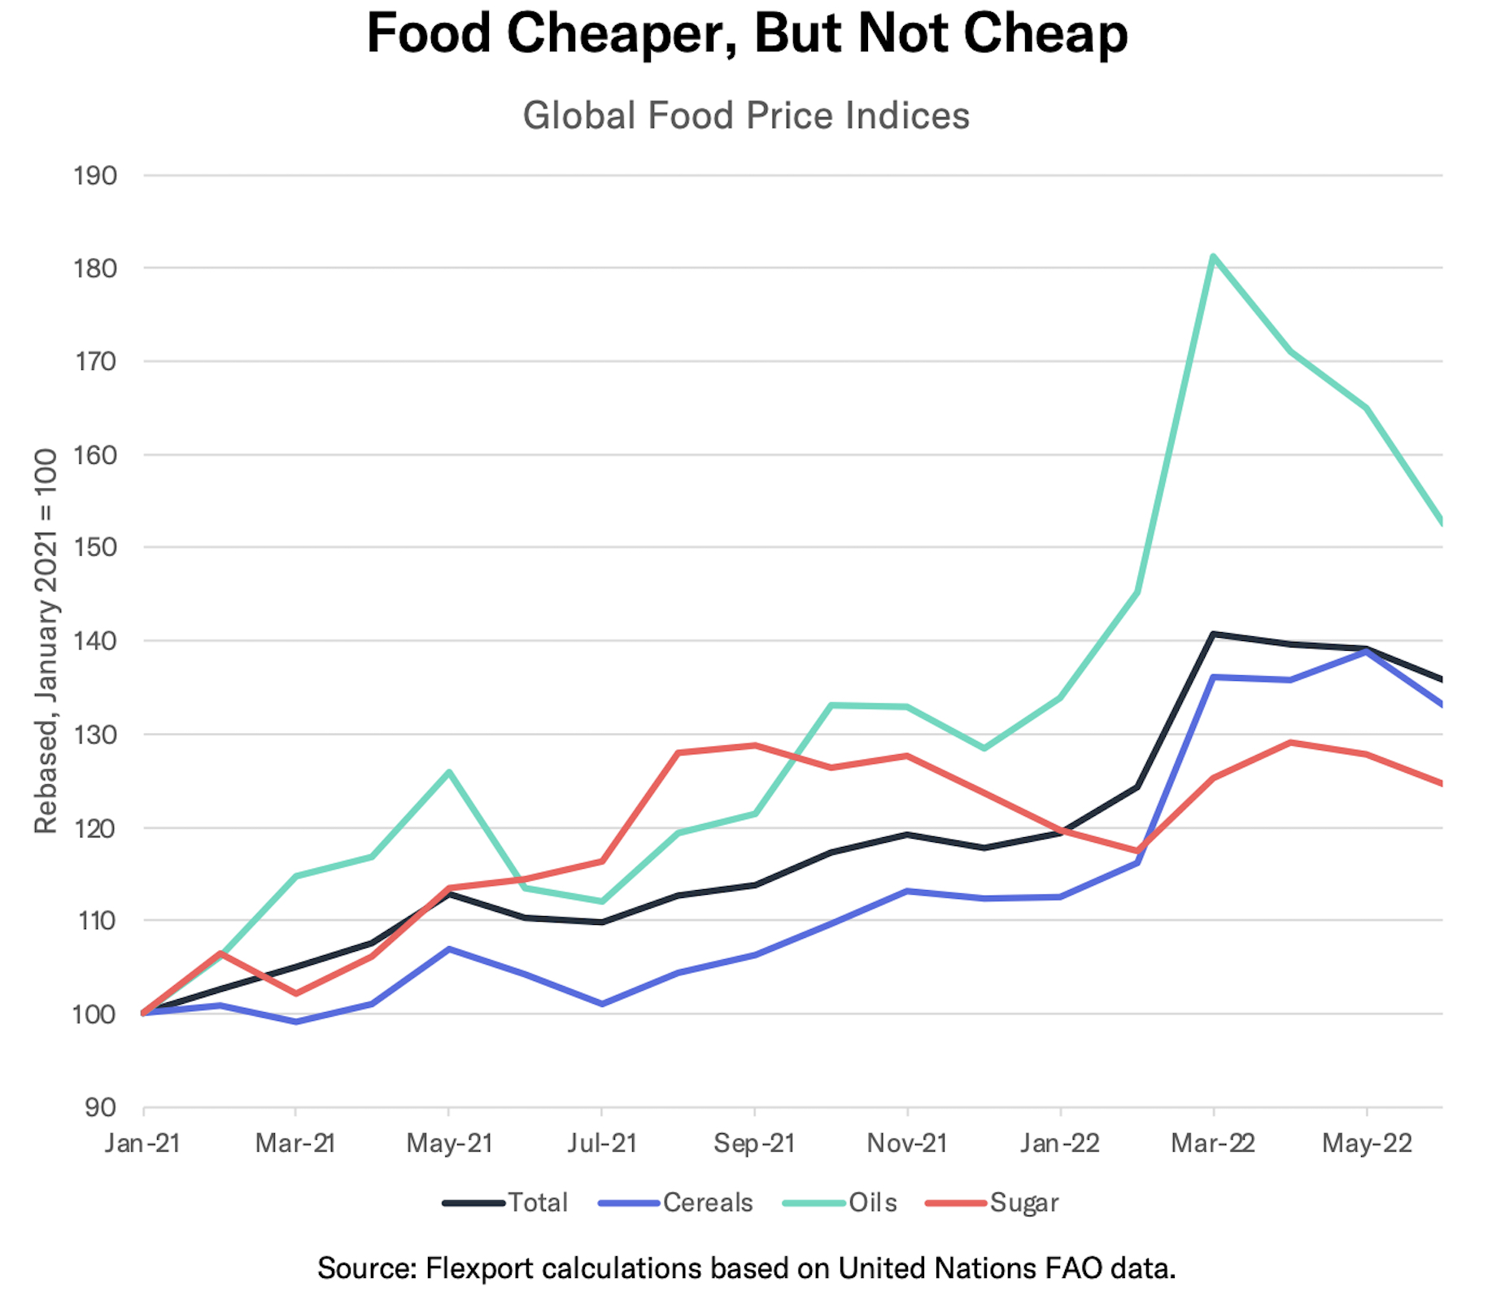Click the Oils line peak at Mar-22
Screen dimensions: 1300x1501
tap(1212, 256)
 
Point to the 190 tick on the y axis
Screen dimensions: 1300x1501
tap(95, 175)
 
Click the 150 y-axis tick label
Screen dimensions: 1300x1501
tap(95, 547)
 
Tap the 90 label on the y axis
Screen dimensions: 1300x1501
tap(101, 1107)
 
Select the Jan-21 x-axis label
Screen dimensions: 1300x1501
tap(142, 1144)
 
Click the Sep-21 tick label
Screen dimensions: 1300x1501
tap(754, 1144)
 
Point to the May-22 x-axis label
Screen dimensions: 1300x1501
tap(1367, 1144)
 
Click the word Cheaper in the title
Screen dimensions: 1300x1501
tap(622, 34)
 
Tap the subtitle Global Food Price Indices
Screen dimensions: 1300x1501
tap(746, 116)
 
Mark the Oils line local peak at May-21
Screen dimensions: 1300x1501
tap(449, 771)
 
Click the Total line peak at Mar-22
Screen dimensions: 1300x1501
tap(1212, 634)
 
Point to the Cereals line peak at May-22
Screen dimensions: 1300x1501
tap(1367, 652)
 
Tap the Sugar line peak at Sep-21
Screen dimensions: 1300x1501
tap(755, 745)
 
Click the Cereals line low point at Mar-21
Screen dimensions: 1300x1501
tap(296, 1022)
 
